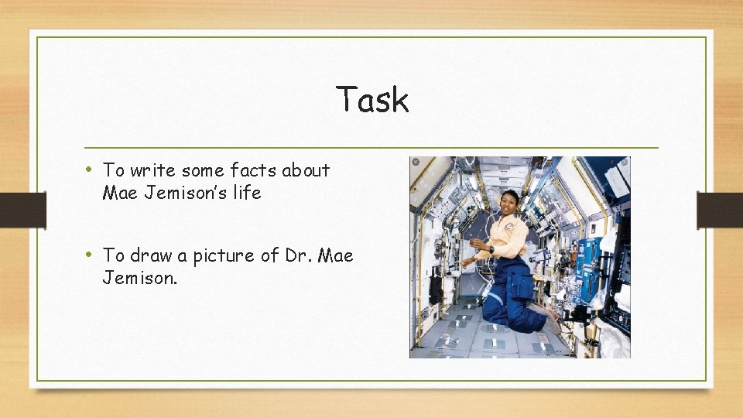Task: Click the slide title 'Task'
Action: (372, 100)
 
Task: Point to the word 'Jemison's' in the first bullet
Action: (183, 193)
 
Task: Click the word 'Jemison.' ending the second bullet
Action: (140, 278)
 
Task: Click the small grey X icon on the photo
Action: (415, 162)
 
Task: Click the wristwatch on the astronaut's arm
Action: (490, 249)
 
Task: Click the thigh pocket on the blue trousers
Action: (521, 286)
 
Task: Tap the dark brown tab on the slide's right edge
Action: (720, 210)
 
